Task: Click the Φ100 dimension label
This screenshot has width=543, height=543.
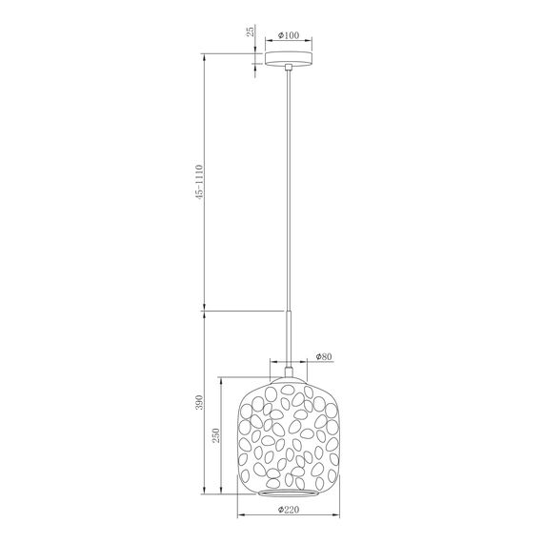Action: (x=287, y=35)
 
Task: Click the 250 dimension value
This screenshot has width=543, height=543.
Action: (x=216, y=435)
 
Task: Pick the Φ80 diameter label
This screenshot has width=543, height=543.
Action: (x=324, y=357)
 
